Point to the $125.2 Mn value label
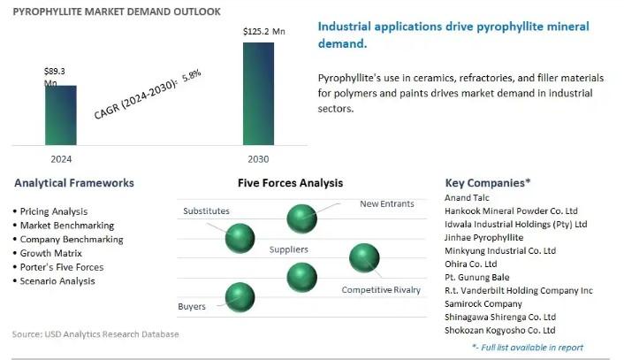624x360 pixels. point(263,32)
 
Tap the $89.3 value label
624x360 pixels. point(57,70)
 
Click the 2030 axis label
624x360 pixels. point(258,158)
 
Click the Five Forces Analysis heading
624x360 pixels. point(290,183)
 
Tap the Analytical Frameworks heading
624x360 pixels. point(74,183)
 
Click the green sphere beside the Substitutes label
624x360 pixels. point(240,237)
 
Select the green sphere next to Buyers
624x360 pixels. point(240,296)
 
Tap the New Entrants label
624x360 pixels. point(386,204)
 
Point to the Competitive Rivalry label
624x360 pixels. point(381,290)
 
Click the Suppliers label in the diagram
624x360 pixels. point(288,249)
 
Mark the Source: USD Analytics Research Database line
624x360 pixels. point(95,334)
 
